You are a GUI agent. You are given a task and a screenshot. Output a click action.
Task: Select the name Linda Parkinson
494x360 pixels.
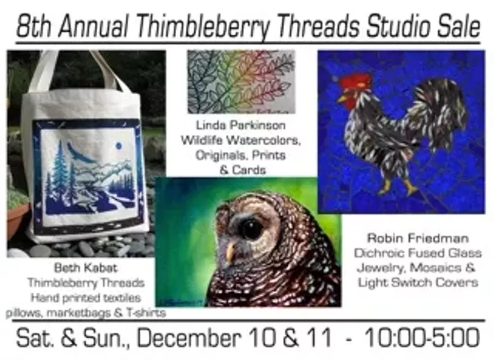241,125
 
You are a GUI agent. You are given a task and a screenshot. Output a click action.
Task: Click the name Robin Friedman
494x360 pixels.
418,238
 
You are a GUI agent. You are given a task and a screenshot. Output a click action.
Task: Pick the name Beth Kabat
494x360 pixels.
86,268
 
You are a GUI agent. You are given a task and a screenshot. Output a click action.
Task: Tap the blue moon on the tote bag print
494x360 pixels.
119,146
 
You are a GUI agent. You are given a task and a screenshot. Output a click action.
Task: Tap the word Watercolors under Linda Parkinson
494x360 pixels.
264,140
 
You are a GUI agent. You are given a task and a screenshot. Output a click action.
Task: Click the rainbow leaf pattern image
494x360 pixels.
241,82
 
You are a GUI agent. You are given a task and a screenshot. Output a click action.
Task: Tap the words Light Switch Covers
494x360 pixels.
418,283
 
